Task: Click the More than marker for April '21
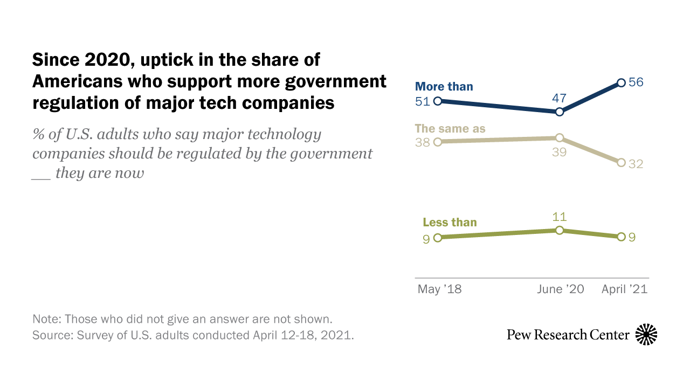coord(621,83)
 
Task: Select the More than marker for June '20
coord(560,112)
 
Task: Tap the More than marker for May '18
coord(438,101)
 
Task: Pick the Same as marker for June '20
coord(560,137)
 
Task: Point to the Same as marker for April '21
coord(621,162)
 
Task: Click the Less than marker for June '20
coord(560,230)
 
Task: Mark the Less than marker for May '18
coord(438,237)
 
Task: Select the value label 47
coord(560,98)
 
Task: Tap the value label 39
coord(560,153)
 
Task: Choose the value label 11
coord(560,217)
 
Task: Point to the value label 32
coord(637,164)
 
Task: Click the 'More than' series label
coord(444,86)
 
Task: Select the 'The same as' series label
coord(450,128)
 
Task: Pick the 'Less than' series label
coord(450,222)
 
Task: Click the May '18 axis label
coord(439,289)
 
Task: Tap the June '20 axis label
coord(561,289)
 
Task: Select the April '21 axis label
coord(624,289)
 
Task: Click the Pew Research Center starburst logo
coord(646,335)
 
